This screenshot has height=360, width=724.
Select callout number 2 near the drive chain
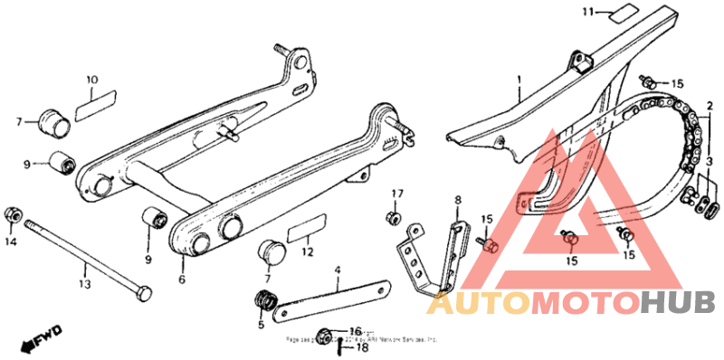pos(710,106)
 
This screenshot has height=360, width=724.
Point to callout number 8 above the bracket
pos(458,198)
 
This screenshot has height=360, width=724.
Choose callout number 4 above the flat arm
pos(338,269)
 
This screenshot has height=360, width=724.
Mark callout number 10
pos(91,80)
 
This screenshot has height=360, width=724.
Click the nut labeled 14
pos(14,213)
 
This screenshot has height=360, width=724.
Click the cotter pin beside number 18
pos(338,346)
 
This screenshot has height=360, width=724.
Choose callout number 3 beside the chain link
pos(710,161)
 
